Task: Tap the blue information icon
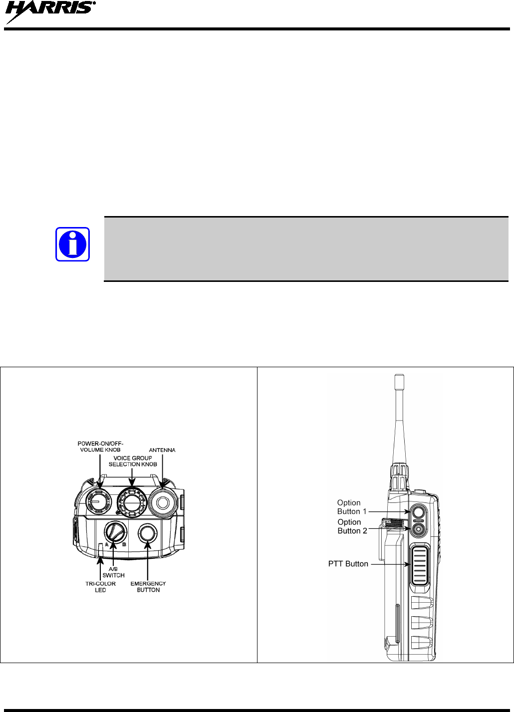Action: (x=72, y=244)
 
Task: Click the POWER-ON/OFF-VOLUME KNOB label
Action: (x=100, y=447)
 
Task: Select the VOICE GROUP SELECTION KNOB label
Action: (x=133, y=461)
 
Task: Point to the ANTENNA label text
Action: (x=162, y=450)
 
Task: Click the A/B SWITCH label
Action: (x=113, y=572)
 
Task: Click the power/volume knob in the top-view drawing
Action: (x=98, y=502)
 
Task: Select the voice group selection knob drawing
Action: (x=132, y=502)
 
